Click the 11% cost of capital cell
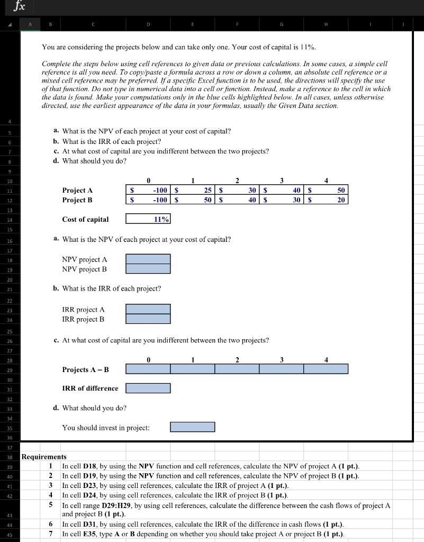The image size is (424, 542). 148,219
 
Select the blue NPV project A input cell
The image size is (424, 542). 148,259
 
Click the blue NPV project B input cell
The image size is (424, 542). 148,269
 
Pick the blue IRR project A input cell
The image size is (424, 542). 148,309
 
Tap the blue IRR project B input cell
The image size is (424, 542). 148,319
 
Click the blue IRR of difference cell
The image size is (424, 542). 148,388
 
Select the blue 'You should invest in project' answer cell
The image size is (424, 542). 193,427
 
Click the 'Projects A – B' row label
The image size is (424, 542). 85,369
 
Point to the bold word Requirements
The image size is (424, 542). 44,457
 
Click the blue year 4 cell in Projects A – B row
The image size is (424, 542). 326,369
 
